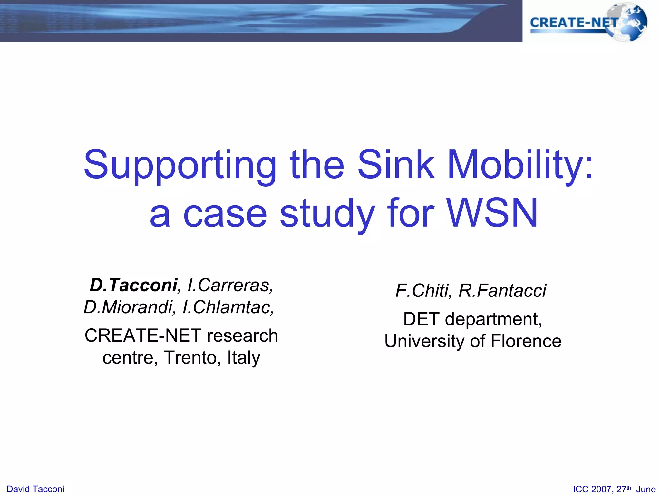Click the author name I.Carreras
point(230,285)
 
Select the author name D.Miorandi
point(129,307)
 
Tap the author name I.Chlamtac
point(228,307)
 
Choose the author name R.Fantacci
point(502,291)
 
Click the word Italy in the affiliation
point(244,357)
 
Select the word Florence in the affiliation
point(526,341)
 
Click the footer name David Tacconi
point(35,489)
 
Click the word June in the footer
point(646,489)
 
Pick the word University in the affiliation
point(425,341)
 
